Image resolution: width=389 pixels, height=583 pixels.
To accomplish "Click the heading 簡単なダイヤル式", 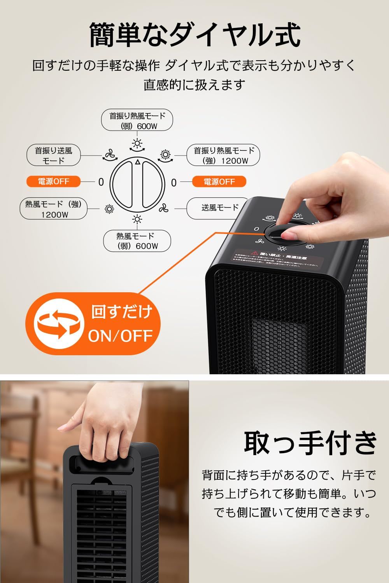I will point(194,35).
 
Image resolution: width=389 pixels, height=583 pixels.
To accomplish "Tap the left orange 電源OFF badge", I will point(53,182).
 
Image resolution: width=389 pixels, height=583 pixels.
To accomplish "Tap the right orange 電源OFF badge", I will point(219,182).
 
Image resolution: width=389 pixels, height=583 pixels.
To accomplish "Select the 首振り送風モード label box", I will point(54,155).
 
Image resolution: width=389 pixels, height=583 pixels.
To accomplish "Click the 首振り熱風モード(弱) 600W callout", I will point(137,120).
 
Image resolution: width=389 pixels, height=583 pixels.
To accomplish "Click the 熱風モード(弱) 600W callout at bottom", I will point(137,241).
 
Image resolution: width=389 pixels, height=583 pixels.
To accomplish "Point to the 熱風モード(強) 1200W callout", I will point(54,209).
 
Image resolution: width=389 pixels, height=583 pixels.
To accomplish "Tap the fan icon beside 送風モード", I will point(163,209).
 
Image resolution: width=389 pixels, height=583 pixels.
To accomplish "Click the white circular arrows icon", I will point(59,324).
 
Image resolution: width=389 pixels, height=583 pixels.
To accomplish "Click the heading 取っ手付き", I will point(310,443).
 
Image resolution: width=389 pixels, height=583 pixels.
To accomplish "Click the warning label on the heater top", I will point(276,260).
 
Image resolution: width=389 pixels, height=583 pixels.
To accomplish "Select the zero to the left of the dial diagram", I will point(101,182).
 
